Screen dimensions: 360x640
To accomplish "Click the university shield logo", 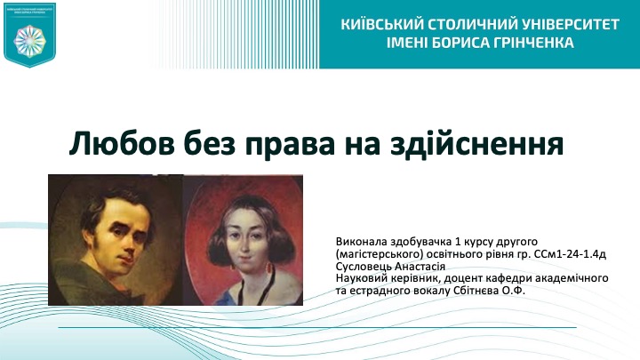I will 30,35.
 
